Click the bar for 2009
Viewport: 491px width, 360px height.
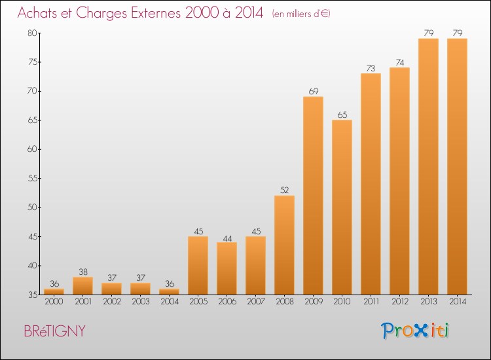(x=313, y=196)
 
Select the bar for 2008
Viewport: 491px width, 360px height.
(x=284, y=245)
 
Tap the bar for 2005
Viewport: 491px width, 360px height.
(x=198, y=266)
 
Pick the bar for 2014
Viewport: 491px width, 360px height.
(x=457, y=166)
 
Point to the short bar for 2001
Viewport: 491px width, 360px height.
(x=82, y=286)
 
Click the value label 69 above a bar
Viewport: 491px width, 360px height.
(x=314, y=92)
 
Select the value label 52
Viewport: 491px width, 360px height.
(x=285, y=190)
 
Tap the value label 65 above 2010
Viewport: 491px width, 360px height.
(x=342, y=115)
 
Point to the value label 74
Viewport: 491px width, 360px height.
(x=400, y=63)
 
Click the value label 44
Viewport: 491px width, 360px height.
(x=227, y=238)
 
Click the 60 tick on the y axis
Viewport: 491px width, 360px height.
(x=32, y=149)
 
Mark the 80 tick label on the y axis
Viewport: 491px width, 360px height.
(x=32, y=33)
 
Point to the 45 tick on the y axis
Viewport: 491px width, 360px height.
(x=33, y=237)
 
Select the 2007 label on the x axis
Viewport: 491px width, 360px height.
(x=256, y=302)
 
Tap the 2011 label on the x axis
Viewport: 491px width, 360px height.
(x=371, y=302)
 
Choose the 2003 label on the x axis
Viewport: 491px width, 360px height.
(x=141, y=302)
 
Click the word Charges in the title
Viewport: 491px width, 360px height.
(x=101, y=13)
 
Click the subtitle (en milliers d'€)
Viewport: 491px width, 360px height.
(x=301, y=14)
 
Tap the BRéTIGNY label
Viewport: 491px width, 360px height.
(x=54, y=331)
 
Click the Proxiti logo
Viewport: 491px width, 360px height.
(x=415, y=331)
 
